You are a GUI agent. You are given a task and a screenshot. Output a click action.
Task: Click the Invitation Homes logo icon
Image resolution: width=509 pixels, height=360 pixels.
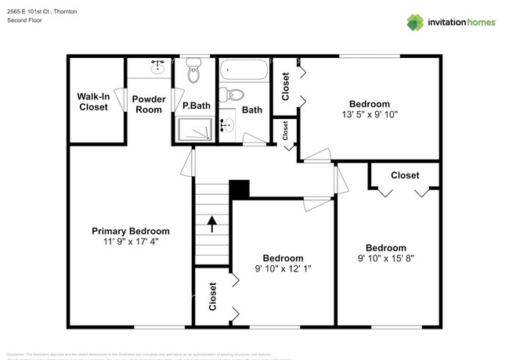415,22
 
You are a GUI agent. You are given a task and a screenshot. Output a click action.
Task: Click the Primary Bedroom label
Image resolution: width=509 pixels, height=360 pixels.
131,231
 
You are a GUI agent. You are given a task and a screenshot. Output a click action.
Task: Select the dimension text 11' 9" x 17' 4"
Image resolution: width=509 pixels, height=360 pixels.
131,243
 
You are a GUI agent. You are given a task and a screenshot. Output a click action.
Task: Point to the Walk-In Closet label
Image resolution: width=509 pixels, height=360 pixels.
92,102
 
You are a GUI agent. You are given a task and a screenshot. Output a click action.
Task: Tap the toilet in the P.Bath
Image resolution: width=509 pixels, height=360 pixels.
194,71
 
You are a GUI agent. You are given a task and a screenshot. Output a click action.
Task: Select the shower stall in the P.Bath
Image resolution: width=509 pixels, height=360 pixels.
193,130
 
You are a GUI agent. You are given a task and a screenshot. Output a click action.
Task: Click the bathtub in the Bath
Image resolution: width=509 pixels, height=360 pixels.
243,73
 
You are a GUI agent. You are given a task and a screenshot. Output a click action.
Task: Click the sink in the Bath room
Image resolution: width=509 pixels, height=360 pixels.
229,125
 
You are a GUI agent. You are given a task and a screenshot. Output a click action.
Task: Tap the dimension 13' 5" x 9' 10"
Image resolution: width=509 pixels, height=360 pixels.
369,114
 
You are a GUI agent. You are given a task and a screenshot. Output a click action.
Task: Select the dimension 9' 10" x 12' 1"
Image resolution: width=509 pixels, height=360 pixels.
283,269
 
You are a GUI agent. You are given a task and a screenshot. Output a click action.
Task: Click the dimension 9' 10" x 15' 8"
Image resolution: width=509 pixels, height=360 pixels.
386,257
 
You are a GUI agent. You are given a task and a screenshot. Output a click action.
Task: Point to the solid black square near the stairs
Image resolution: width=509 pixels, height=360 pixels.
239,190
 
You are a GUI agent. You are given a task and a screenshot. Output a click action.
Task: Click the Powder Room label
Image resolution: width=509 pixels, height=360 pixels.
148,104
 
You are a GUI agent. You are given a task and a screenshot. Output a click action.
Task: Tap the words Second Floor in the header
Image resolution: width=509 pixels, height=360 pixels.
24,20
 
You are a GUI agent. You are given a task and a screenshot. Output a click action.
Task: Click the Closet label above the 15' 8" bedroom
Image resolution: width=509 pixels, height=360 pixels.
405,175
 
